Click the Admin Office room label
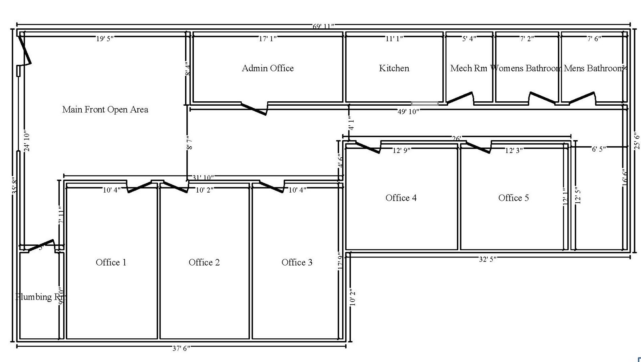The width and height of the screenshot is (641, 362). (268, 68)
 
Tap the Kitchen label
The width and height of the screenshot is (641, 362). (394, 68)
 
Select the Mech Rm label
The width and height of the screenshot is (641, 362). (468, 68)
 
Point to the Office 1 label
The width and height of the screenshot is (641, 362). (111, 263)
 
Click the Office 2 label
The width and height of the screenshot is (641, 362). (204, 263)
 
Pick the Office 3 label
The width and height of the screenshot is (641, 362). (297, 263)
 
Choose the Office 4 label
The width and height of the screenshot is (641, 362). (401, 198)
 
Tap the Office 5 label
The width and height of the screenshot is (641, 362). (514, 198)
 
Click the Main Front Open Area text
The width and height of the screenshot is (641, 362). (105, 110)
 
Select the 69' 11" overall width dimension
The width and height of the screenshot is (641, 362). (323, 26)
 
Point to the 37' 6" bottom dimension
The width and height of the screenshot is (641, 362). (181, 348)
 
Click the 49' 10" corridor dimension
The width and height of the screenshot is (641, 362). (408, 111)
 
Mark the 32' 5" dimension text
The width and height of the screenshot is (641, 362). (488, 259)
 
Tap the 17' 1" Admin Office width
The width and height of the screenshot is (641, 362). (268, 39)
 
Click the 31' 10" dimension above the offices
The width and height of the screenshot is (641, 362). (203, 177)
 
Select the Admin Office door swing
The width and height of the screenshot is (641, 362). (254, 109)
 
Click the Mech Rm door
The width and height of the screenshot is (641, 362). (460, 98)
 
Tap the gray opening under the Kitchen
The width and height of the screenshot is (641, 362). (425, 104)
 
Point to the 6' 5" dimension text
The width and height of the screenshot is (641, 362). (599, 149)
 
